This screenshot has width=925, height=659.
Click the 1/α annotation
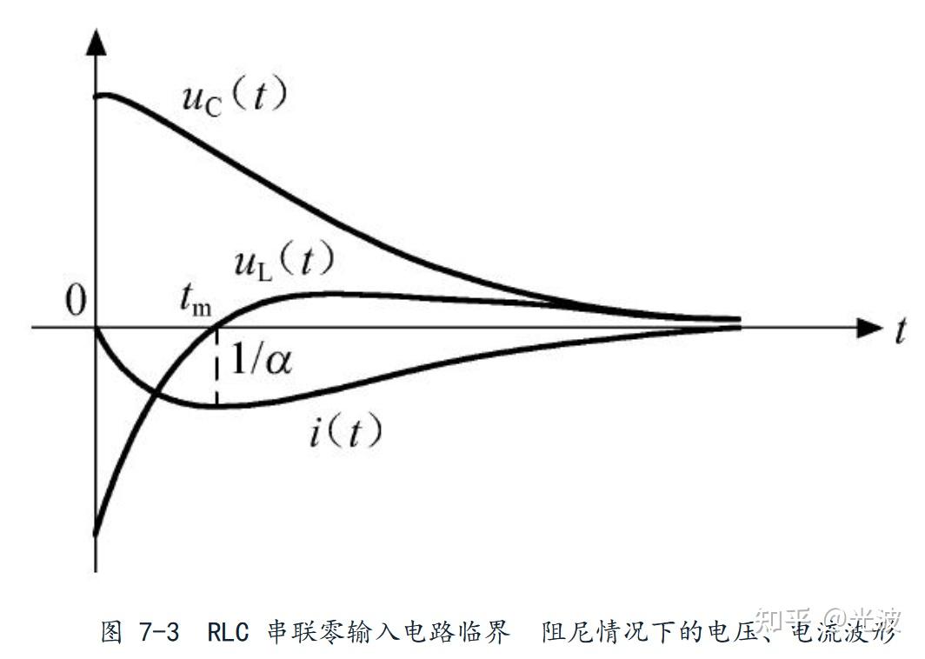point(260,359)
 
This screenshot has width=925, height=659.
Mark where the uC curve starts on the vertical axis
point(97,94)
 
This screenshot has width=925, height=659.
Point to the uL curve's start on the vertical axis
point(96,532)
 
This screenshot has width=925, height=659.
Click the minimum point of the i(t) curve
point(216,405)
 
